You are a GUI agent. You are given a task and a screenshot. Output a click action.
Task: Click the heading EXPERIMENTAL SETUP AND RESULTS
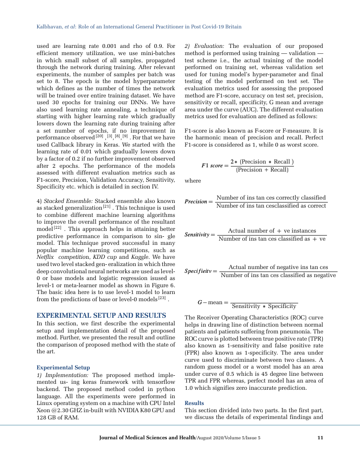coord(101,316)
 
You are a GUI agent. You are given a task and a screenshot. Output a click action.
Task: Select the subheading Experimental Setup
coord(63,367)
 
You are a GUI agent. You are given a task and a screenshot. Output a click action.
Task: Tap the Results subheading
coord(194,403)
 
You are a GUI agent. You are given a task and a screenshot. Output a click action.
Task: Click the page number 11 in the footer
coord(320,438)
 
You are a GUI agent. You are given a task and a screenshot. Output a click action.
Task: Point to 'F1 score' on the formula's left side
coord(212,166)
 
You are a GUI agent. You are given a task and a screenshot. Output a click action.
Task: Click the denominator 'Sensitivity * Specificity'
coord(265,306)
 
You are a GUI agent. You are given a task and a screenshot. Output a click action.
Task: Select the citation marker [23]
coord(162,299)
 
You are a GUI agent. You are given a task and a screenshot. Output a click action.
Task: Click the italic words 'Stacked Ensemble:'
coord(69,201)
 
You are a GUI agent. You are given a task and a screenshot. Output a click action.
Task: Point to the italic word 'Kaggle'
coord(140,257)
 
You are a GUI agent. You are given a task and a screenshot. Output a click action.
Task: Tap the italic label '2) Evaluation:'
coord(205,46)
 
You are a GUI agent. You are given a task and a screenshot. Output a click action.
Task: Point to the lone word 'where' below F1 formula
coord(193,181)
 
